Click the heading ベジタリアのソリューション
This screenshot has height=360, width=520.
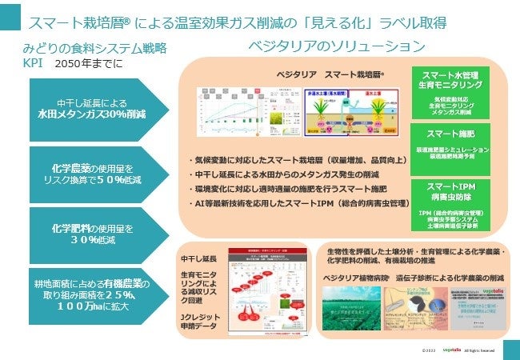tap(336, 46)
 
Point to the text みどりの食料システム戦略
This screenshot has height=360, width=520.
tap(94, 48)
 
